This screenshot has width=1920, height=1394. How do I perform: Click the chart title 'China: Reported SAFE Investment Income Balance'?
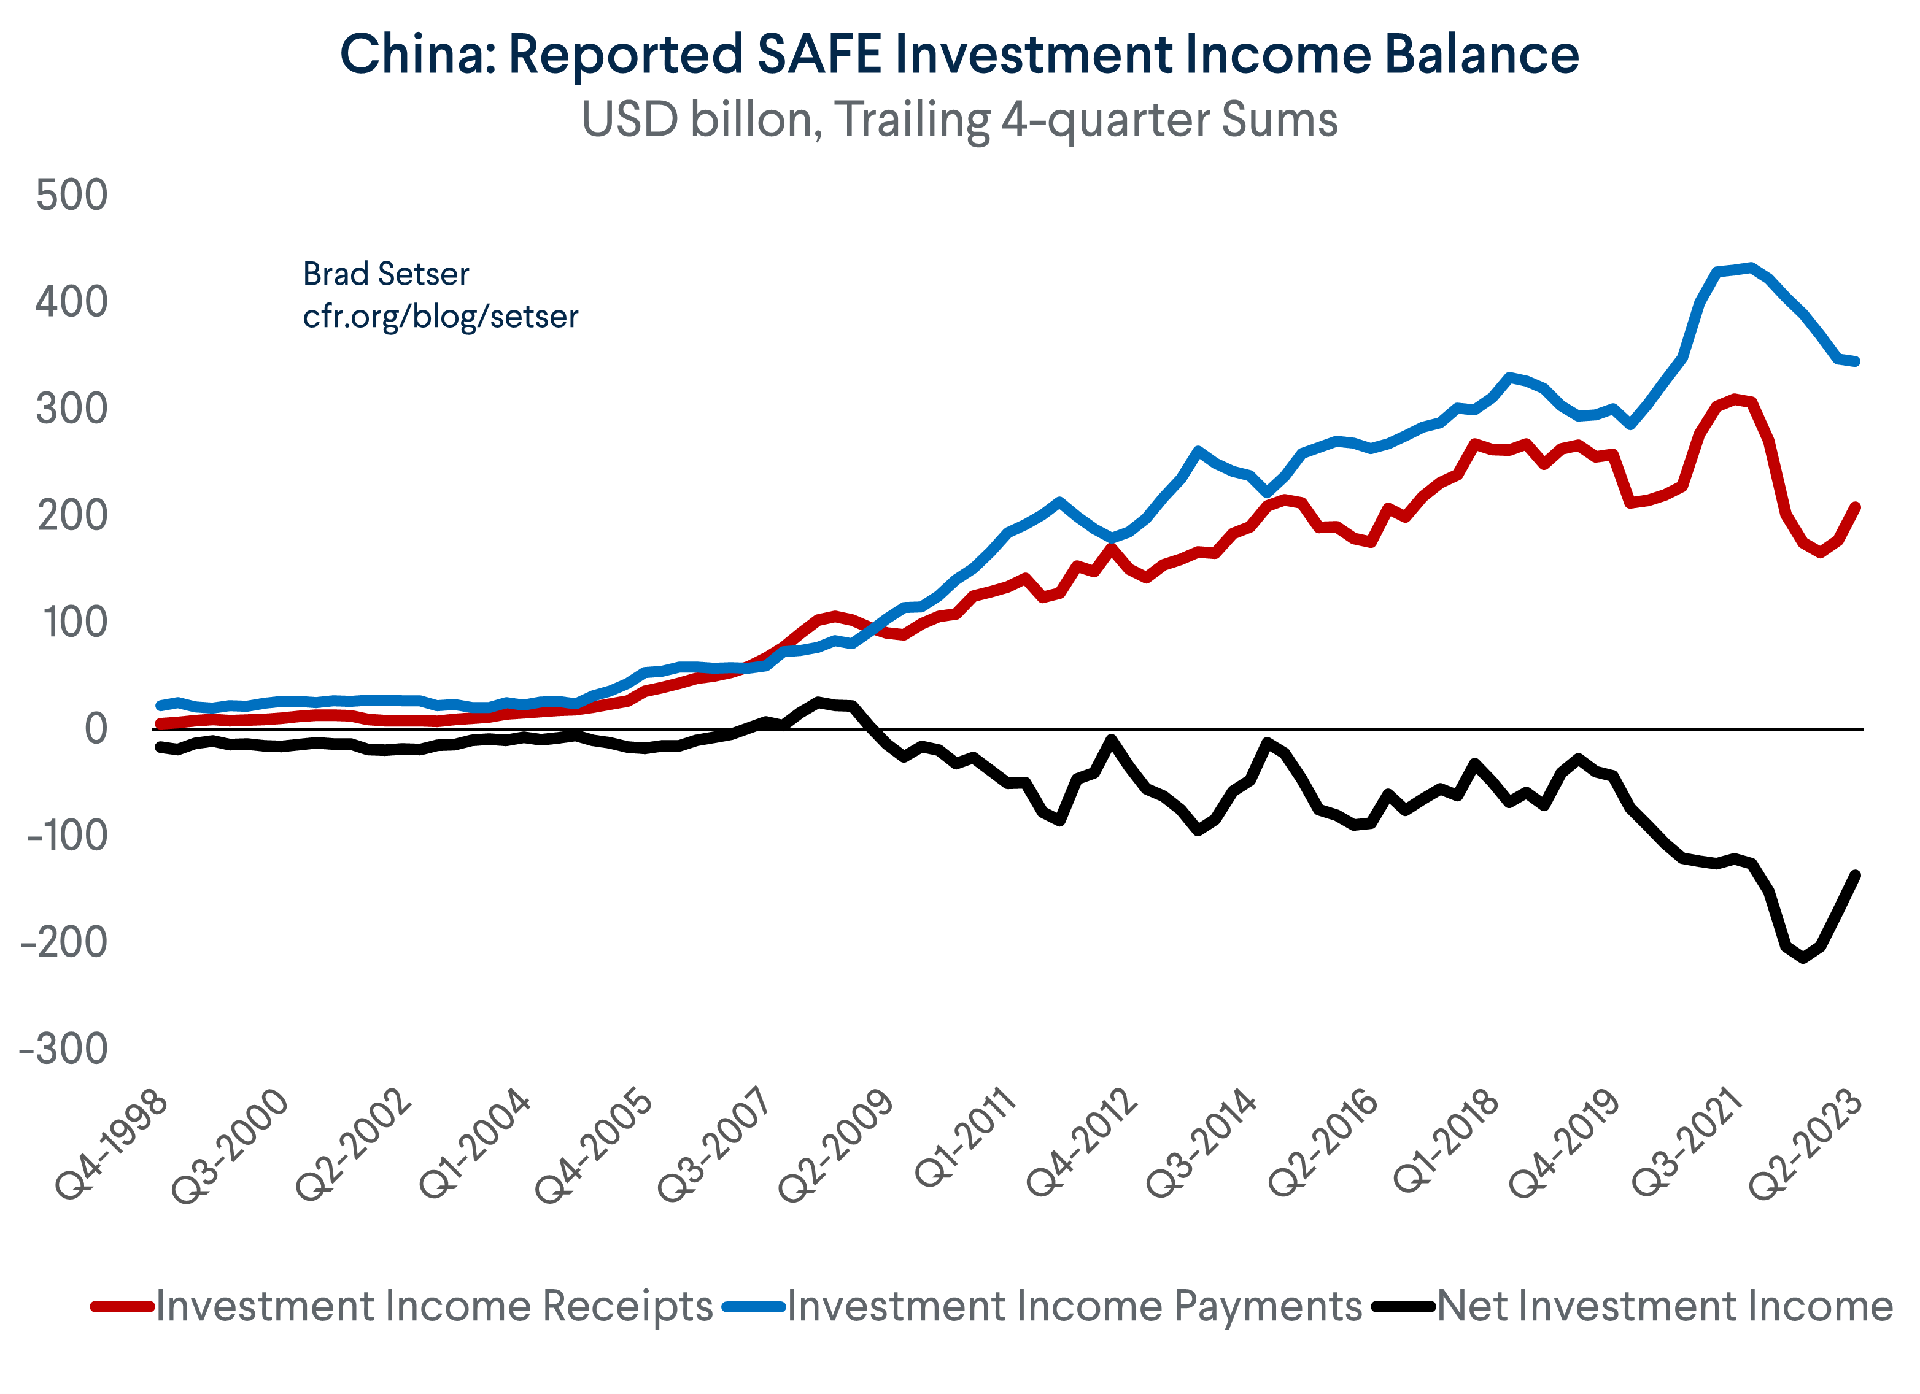959,55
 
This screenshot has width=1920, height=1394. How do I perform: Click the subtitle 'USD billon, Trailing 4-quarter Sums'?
959,120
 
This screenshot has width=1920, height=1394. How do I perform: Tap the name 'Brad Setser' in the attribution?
386,274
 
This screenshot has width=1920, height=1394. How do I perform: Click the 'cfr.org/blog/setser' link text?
440,317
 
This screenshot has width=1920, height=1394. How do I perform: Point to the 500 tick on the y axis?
72,196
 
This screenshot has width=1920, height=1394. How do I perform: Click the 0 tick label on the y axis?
96,729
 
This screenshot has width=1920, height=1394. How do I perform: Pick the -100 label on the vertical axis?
68,836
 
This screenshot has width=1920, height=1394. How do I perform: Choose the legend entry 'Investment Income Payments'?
1074,1306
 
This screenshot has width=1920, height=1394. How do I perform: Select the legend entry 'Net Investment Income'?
1664,1306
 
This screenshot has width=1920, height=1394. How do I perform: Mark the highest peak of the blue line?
1751,267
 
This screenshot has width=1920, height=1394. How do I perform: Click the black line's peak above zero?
818,701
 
